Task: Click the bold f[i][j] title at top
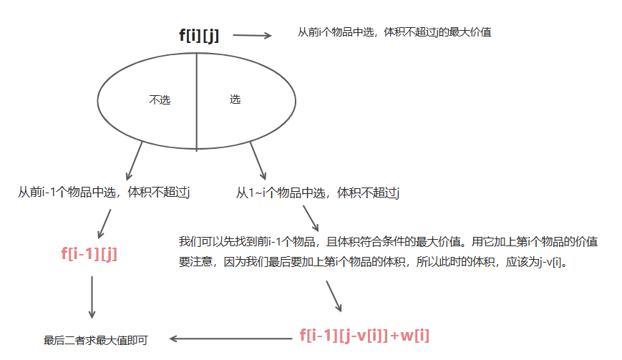[199, 36]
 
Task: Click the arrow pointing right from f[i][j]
[252, 35]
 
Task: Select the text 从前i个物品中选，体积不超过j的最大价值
[394, 32]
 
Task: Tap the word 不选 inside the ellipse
[160, 100]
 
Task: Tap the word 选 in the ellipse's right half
[235, 99]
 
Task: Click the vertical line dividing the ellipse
[197, 100]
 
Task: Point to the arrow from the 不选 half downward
[135, 160]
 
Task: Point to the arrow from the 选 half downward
[258, 160]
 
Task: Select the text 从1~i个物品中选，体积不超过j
[318, 193]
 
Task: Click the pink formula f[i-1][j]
[89, 253]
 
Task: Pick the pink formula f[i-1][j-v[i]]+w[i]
[364, 335]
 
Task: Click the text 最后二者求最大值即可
[96, 341]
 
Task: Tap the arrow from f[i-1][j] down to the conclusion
[92, 296]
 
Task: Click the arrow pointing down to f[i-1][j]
[105, 223]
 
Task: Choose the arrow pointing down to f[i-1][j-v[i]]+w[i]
[334, 296]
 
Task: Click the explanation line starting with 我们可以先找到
[388, 241]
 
